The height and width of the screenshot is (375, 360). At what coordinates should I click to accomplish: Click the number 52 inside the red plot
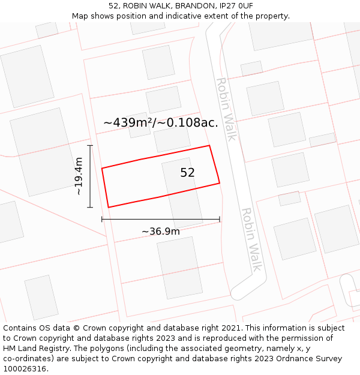click(187, 173)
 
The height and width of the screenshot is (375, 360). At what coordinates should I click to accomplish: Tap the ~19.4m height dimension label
click(79, 176)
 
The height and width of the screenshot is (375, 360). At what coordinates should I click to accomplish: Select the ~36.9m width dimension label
click(160, 232)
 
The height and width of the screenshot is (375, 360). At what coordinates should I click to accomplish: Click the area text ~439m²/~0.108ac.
click(160, 122)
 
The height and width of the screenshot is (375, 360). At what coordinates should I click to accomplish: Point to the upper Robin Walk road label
click(226, 109)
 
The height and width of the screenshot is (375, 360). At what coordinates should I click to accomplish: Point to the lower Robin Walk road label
click(251, 239)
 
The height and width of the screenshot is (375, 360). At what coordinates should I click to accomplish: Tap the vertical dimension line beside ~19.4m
click(90, 176)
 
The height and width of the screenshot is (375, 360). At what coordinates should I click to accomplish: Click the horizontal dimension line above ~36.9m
click(160, 220)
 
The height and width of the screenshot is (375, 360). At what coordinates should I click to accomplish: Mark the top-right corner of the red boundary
click(209, 145)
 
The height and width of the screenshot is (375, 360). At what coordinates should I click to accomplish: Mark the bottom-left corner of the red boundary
click(108, 208)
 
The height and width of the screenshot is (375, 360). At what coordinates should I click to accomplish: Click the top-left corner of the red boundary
click(102, 168)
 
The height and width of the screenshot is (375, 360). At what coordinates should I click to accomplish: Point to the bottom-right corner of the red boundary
click(220, 182)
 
